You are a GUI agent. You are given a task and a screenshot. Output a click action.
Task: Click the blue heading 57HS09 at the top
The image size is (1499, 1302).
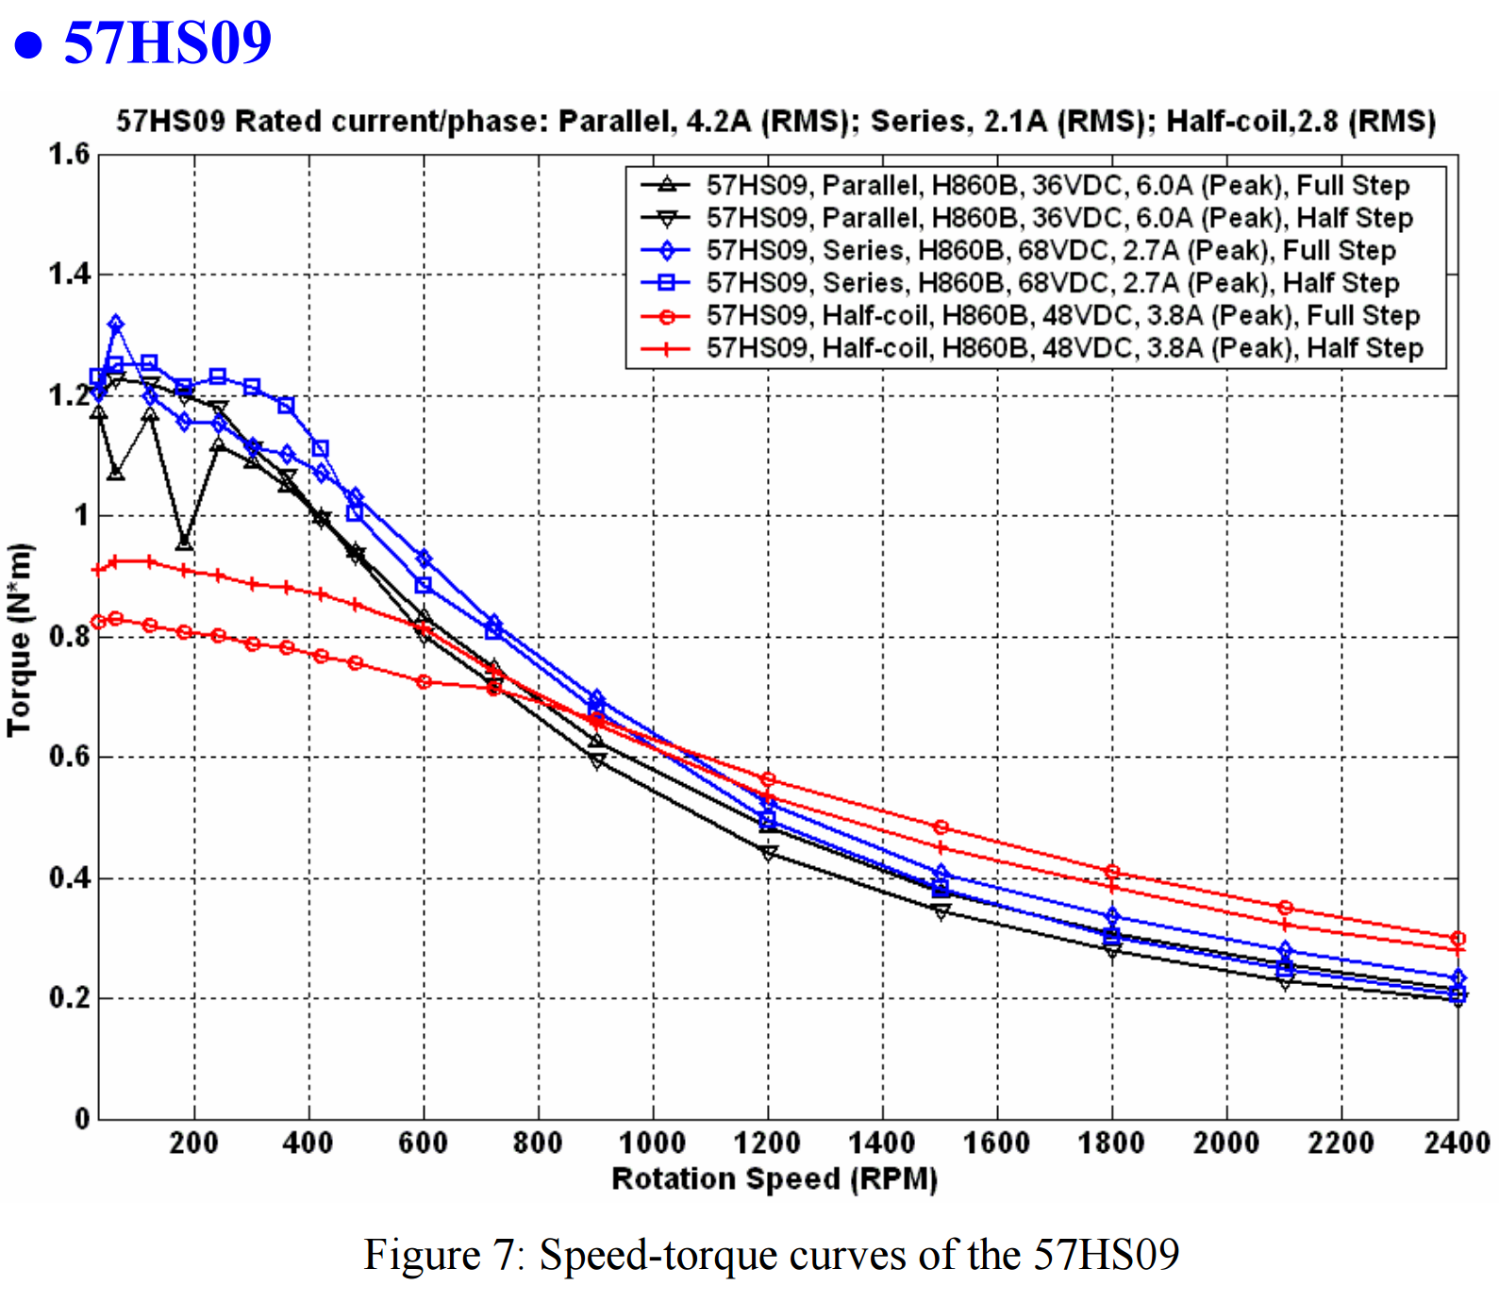167,42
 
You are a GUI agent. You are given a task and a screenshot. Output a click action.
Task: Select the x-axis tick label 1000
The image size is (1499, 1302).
652,1143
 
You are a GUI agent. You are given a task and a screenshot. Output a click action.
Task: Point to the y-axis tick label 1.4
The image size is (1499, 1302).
68,275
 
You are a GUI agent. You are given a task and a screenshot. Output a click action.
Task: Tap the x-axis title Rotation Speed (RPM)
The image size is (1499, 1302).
774,1179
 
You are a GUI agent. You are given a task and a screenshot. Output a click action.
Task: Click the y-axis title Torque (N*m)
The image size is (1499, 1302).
19,640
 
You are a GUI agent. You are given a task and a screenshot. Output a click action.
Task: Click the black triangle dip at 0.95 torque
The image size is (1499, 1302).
185,543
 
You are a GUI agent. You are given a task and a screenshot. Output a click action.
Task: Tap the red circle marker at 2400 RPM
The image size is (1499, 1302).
1457,939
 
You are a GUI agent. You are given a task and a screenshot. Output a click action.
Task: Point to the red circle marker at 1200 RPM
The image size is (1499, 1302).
768,779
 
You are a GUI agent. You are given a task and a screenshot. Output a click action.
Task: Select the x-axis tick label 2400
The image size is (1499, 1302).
1457,1143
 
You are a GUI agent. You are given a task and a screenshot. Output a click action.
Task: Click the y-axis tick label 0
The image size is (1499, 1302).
82,1119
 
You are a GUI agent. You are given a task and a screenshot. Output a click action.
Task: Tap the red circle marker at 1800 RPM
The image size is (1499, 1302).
1112,872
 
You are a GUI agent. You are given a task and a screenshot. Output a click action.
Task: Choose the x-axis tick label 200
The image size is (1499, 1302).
194,1143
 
